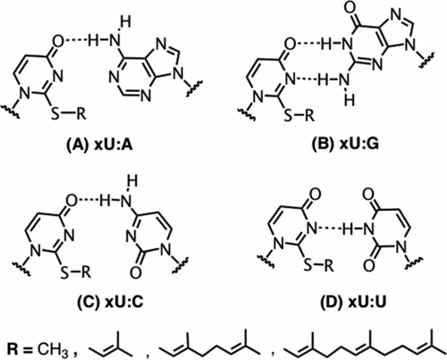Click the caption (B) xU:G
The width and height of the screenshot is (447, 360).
[x=345, y=144]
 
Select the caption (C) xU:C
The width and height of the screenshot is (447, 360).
[x=110, y=302]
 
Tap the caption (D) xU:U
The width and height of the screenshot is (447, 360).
[x=353, y=302]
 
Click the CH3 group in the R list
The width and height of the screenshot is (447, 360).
[x=54, y=349]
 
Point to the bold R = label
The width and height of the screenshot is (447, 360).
[x=20, y=348]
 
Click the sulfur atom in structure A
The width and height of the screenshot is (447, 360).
[x=55, y=113]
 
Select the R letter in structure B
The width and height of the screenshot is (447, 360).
[x=309, y=114]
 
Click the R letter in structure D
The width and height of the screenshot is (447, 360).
[x=328, y=265]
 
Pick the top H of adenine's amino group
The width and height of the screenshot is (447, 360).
[x=125, y=22]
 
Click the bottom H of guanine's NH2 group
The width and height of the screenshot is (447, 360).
[x=350, y=100]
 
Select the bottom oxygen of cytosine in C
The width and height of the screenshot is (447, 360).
[x=136, y=272]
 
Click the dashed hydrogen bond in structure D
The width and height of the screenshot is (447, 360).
[x=330, y=229]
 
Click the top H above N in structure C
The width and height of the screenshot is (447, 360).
[x=131, y=180]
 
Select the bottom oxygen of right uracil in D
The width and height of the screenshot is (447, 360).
[x=369, y=264]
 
